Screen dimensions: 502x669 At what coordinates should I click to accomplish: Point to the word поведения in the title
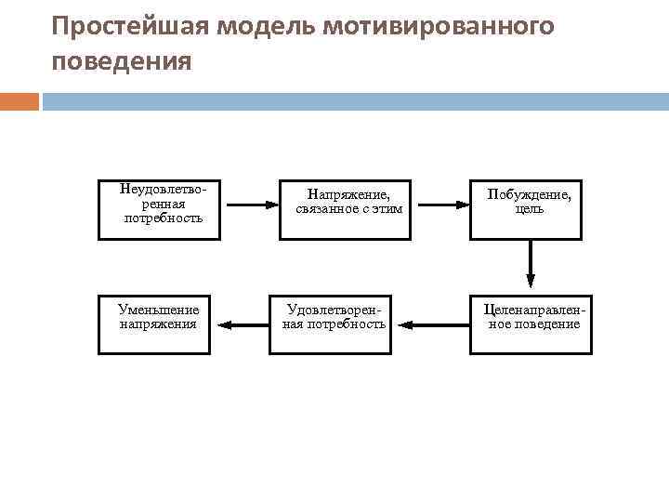pyautogui.click(x=122, y=62)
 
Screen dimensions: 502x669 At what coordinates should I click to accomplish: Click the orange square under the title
pyautogui.click(x=20, y=101)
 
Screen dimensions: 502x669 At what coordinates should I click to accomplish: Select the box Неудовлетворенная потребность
pyautogui.click(x=160, y=209)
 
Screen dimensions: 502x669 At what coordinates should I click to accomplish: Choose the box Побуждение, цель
pyautogui.click(x=531, y=209)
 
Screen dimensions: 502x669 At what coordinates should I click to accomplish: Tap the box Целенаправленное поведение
pyautogui.click(x=531, y=325)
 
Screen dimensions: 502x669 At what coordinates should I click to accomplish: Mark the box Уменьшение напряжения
pyautogui.click(x=159, y=325)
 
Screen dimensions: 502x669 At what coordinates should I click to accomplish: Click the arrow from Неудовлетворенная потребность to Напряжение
pyautogui.click(x=247, y=205)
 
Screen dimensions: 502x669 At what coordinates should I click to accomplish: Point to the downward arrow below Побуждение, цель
pyautogui.click(x=531, y=265)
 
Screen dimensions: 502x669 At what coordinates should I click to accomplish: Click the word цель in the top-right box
pyautogui.click(x=531, y=209)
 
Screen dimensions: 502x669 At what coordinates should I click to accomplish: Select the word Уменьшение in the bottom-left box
pyautogui.click(x=159, y=310)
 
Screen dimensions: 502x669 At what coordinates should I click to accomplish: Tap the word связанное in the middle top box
pyautogui.click(x=330, y=209)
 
